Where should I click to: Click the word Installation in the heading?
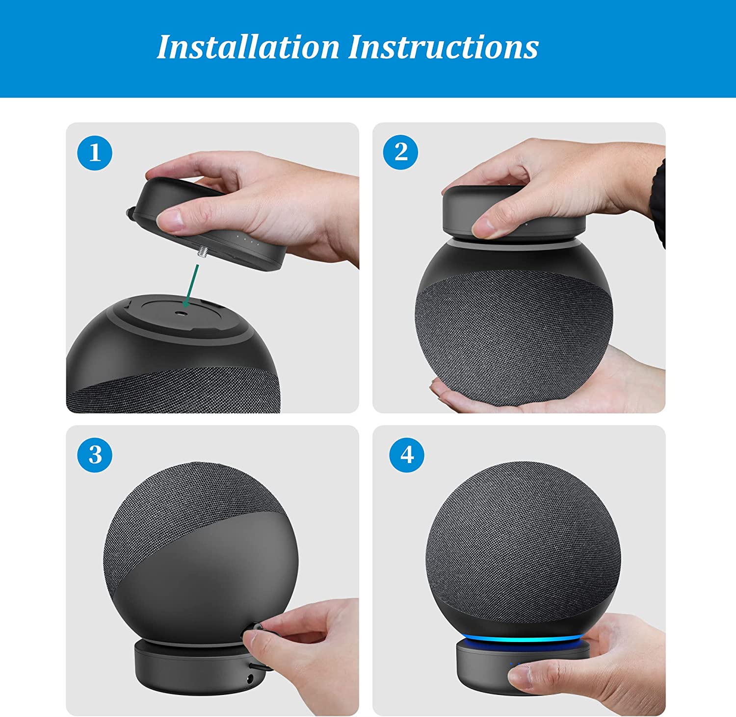pos(248,47)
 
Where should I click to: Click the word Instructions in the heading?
pos(444,47)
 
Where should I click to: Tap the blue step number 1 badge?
pos(95,153)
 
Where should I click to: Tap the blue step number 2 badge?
pos(400,152)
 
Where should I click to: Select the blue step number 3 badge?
pos(95,455)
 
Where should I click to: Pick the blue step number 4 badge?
pos(407,455)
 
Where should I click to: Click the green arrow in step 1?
pos(191,286)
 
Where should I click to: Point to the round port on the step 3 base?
pos(251,679)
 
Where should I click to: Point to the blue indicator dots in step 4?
pos(515,665)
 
